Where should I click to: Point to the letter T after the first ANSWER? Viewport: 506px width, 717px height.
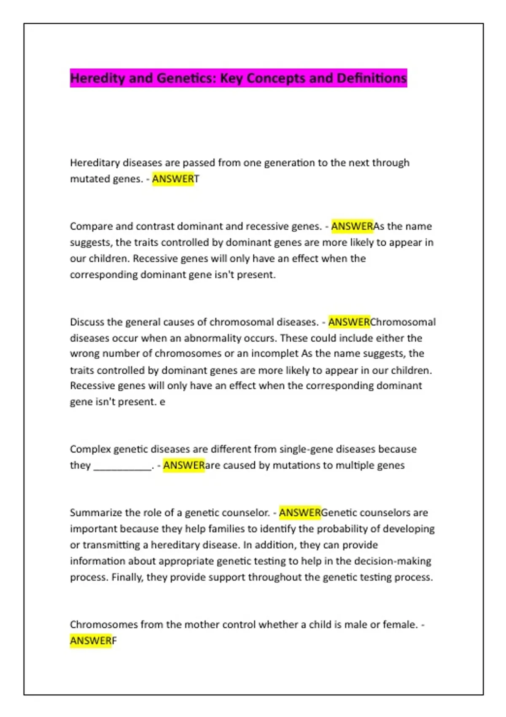[196, 179]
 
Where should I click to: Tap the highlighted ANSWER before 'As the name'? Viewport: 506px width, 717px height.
[352, 226]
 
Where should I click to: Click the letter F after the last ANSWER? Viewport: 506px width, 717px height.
[114, 641]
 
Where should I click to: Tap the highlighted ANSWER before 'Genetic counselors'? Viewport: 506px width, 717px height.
[300, 513]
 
